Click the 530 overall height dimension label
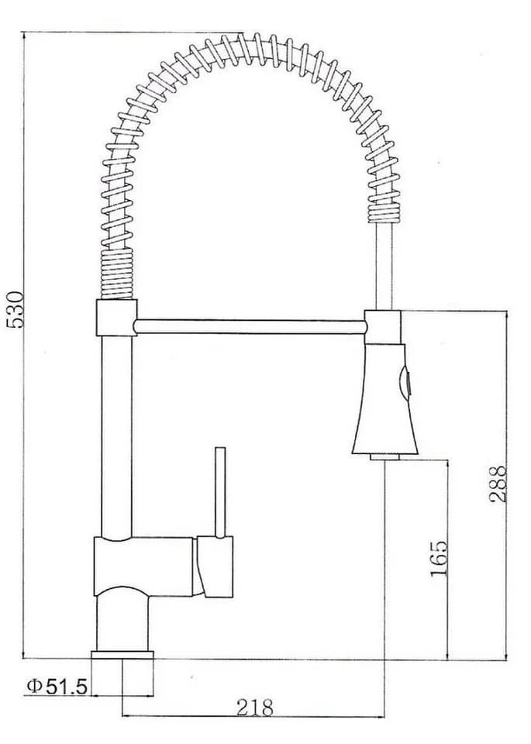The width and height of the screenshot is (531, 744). pyautogui.click(x=16, y=310)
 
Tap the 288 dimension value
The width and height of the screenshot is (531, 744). pyautogui.click(x=498, y=484)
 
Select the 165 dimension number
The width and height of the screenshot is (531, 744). pyautogui.click(x=439, y=558)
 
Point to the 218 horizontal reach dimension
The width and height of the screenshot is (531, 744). pyautogui.click(x=255, y=708)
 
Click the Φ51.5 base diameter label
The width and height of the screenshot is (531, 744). pyautogui.click(x=57, y=686)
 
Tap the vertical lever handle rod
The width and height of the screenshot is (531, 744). pyautogui.click(x=219, y=492)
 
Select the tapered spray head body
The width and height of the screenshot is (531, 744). pyautogui.click(x=384, y=398)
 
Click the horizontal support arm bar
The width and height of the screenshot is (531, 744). pyautogui.click(x=250, y=327)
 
